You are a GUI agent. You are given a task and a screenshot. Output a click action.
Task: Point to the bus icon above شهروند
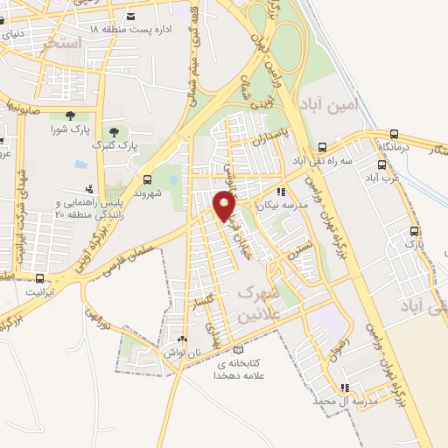pyautogui.click(x=147, y=178)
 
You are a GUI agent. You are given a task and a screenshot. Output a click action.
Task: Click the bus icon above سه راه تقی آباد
pyautogui.click(x=322, y=147)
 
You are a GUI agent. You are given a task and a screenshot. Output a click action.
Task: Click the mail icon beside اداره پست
pyautogui.click(x=130, y=16)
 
